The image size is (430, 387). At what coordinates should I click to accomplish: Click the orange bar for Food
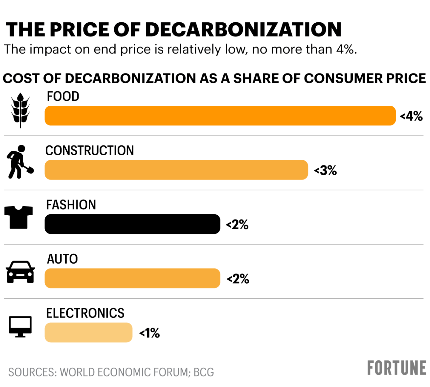[x=220, y=116]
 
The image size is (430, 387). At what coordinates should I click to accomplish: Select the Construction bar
[x=176, y=170]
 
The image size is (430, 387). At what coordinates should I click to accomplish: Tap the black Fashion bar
[x=132, y=224]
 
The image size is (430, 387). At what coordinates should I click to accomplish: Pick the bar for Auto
[x=132, y=278]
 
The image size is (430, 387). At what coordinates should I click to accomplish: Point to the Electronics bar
[x=88, y=332]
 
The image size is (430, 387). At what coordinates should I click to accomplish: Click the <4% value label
[x=411, y=116]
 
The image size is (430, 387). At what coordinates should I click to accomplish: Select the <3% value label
[x=325, y=171]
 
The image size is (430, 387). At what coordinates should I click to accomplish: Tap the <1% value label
[x=150, y=333]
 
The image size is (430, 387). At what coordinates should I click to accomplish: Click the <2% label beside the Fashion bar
[x=237, y=225]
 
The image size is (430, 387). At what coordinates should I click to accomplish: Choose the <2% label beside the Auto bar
[x=238, y=279]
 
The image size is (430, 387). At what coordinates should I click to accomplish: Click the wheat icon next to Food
[x=20, y=110]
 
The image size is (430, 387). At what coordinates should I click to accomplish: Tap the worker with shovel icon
[x=20, y=162]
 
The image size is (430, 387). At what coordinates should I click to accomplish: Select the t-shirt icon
[x=19, y=217]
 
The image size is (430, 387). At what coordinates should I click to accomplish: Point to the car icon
[x=20, y=272]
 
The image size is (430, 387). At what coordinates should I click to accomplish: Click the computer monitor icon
[x=20, y=326]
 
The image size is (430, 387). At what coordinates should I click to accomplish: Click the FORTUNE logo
[x=397, y=368]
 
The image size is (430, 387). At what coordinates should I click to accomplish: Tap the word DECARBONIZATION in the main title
[x=243, y=30]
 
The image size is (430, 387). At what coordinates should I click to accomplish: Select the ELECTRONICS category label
[x=85, y=313]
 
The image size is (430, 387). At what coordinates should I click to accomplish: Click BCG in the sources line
[x=204, y=372]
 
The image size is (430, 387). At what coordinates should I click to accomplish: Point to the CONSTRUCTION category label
[x=89, y=150]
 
